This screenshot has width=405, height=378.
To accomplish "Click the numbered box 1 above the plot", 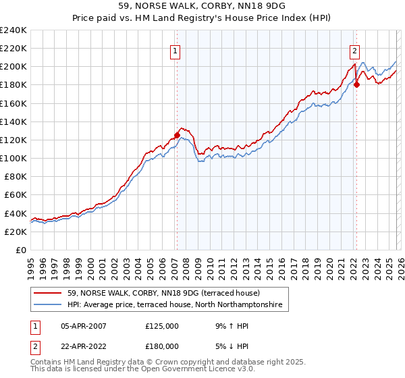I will tap(175, 49).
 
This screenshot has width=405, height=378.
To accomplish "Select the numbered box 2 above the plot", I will tap(354, 49).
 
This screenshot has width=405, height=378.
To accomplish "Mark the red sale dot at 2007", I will tap(177, 135).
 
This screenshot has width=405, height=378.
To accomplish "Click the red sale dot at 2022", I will tap(356, 84).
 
